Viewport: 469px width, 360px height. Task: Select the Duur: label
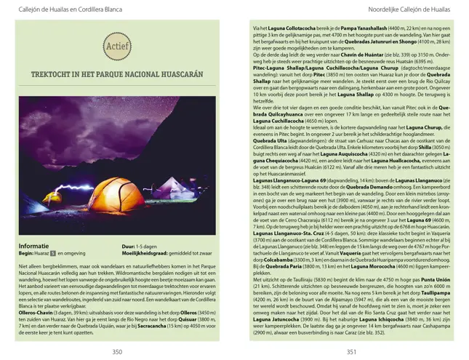(x=129, y=247)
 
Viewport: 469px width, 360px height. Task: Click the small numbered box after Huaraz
(x=53, y=253)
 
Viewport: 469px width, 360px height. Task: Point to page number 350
(x=117, y=351)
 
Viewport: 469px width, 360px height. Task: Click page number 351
(x=351, y=351)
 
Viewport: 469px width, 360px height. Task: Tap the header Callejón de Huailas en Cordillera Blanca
(x=60, y=9)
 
